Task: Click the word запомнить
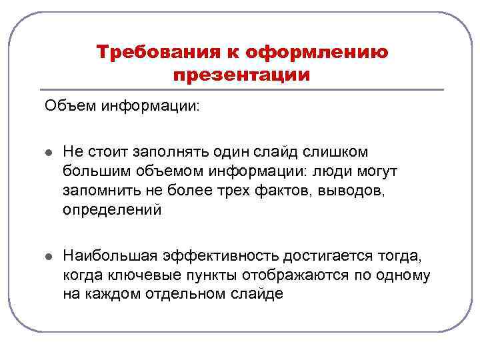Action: coord(97,191)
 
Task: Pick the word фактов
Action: coord(272,191)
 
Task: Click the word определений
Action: coord(112,210)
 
